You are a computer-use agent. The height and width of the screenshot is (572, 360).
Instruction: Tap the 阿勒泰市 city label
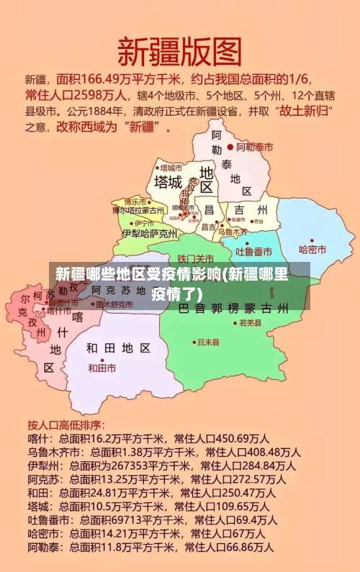255,147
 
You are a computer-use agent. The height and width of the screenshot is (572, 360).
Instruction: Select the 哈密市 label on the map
312,250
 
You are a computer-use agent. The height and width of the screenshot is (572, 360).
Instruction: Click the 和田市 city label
102,368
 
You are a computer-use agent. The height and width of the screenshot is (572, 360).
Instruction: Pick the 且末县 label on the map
208,342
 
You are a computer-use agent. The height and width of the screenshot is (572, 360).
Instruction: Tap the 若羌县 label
251,324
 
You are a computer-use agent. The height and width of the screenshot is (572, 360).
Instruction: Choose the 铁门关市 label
195,258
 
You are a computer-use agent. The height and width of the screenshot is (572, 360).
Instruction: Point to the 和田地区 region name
118,348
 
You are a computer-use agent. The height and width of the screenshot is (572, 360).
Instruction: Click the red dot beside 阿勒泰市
230,147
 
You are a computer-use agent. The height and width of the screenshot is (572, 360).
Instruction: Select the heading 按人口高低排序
66,424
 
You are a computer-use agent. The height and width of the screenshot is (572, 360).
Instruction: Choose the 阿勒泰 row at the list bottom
150,548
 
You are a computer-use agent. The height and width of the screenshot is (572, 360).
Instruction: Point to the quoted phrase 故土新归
305,112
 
